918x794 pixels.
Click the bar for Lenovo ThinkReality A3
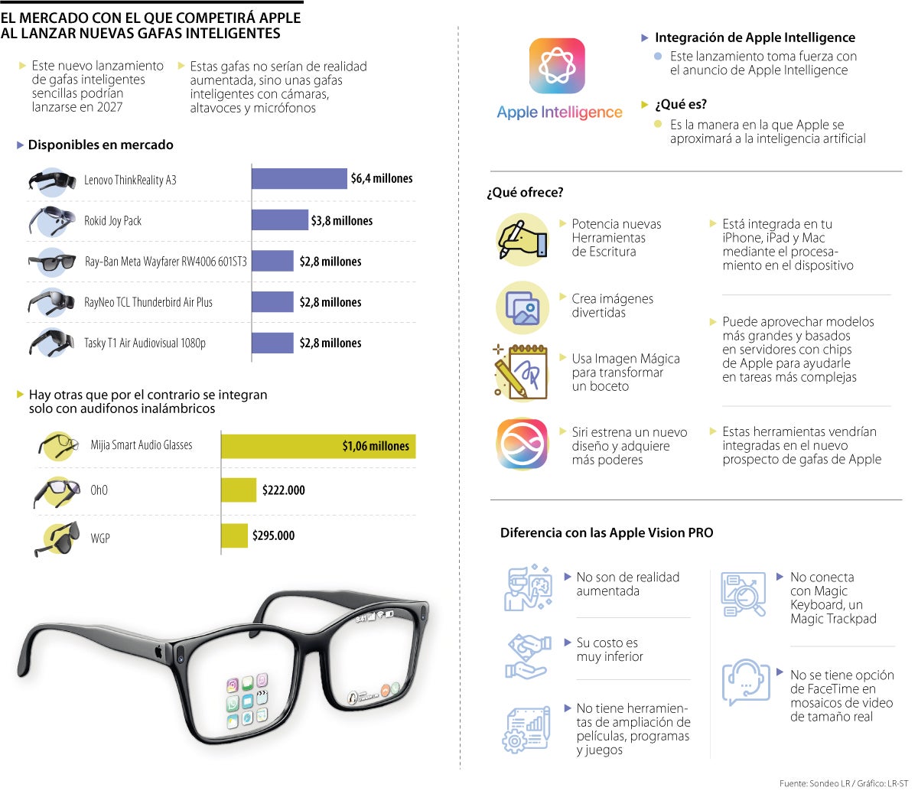coord(299,178)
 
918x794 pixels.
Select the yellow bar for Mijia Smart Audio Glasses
coord(318,445)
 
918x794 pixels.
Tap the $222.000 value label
coord(283,490)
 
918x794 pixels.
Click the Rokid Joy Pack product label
coord(112,221)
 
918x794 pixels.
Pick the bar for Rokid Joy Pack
coord(280,220)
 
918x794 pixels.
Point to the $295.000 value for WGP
coord(273,535)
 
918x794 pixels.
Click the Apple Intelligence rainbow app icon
coord(557,66)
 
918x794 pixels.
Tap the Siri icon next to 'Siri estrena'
coord(522,444)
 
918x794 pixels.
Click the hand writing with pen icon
coord(522,239)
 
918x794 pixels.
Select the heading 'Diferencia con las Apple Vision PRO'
coord(606,533)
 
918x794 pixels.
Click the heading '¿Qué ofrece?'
coord(525,193)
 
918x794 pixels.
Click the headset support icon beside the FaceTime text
coord(746,682)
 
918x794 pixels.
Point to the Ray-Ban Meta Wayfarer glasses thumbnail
coord(52,262)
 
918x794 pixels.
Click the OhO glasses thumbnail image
coord(57,491)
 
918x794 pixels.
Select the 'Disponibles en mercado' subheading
coord(100,145)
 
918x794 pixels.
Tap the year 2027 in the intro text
coord(109,107)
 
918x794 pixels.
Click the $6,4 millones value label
coord(381,178)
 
